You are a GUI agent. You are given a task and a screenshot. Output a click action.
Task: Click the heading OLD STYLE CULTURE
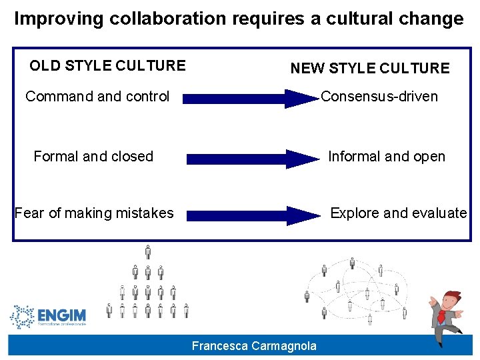pyautogui.click(x=107, y=65)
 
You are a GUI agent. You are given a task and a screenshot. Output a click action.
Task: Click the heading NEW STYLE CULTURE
pyautogui.click(x=369, y=68)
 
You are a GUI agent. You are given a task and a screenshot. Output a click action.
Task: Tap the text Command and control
pyautogui.click(x=97, y=97)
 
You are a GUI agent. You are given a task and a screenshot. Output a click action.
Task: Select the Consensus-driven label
pyautogui.click(x=379, y=97)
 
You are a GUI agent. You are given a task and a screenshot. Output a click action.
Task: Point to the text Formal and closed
pyautogui.click(x=93, y=157)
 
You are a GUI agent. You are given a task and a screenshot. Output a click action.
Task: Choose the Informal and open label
pyautogui.click(x=386, y=157)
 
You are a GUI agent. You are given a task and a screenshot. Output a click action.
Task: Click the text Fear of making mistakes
pyautogui.click(x=94, y=213)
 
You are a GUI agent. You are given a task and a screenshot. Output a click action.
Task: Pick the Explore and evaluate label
pyautogui.click(x=398, y=213)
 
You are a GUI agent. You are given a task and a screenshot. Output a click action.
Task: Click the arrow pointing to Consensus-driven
pyautogui.click(x=250, y=99)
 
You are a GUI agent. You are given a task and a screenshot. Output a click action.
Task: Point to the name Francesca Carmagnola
pyautogui.click(x=254, y=345)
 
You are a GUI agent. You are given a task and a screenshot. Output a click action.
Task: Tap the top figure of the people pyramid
pyautogui.click(x=148, y=252)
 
